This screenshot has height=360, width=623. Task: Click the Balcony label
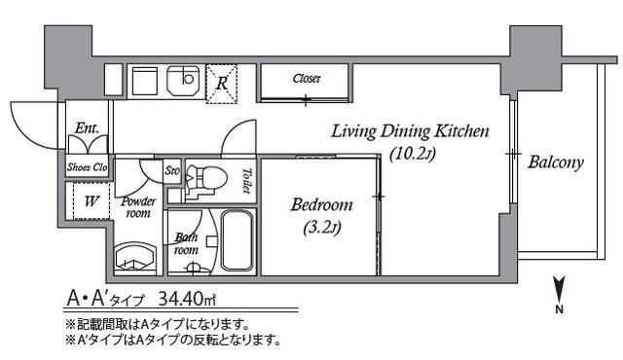pos(555,162)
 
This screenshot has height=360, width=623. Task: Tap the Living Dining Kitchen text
pos(409,131)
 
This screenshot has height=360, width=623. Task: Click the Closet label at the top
pos(307,79)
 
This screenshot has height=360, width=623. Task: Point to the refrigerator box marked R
pos(223,84)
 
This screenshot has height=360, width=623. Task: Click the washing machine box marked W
pos(92,203)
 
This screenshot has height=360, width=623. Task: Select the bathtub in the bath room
pos(237,240)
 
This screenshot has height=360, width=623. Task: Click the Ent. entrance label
pos(86,128)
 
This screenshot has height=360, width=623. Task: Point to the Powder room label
pos(138,207)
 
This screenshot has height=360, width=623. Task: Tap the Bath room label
pos(186,242)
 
